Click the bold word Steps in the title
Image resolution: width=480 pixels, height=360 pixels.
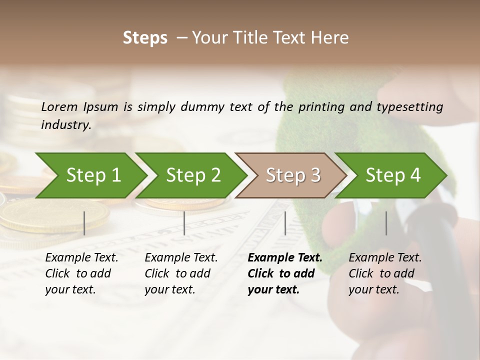point(145,38)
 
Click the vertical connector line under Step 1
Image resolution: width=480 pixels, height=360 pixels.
point(84,223)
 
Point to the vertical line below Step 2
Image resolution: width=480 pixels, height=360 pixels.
point(184,223)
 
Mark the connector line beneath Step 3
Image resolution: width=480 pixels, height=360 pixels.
point(285,223)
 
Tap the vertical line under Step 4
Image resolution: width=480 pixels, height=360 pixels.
point(386,223)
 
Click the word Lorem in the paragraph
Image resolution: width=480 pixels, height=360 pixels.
point(59,106)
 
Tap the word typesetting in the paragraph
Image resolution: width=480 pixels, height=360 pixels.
point(409,106)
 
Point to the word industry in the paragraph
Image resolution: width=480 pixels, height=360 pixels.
point(66,124)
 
